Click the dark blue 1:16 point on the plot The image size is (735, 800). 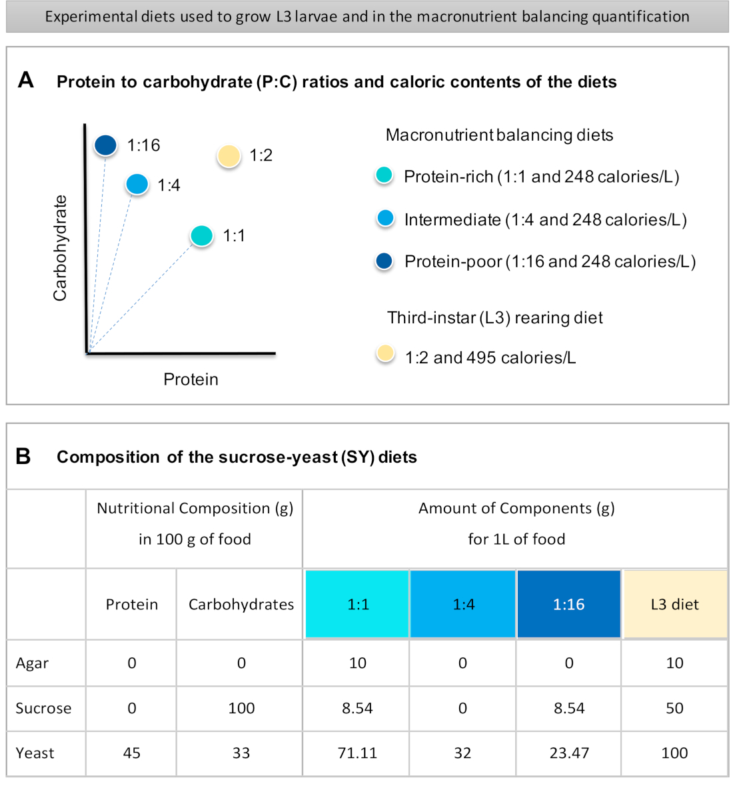105,145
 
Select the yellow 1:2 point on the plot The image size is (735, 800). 229,156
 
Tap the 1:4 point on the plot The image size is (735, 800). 137,184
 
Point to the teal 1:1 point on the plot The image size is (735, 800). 201,235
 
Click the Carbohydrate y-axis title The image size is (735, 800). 60,248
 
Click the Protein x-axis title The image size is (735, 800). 191,379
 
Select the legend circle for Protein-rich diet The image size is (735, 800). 384,176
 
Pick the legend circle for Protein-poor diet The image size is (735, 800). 384,261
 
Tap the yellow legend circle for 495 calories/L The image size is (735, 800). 385,353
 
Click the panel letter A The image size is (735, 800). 26,81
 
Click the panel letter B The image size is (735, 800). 23,456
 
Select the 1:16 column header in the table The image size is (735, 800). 568,604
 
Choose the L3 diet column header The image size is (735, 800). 674,604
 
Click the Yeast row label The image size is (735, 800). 35,753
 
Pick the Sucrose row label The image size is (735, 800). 43,708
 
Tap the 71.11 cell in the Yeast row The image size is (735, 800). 357,753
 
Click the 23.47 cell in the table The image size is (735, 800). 568,753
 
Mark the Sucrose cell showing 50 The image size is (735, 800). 674,708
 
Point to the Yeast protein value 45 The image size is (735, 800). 132,753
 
